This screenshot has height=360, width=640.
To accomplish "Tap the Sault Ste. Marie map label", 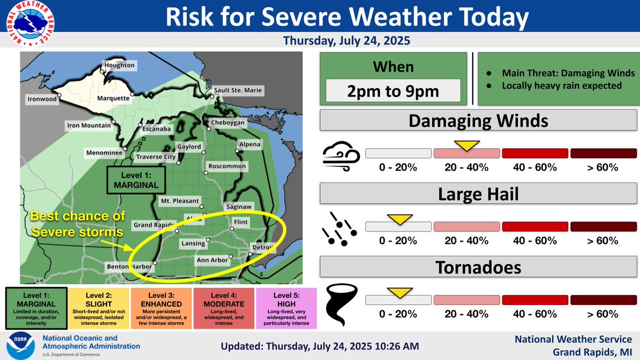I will click(237, 90).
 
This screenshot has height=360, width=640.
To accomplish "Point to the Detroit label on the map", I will click(261, 247).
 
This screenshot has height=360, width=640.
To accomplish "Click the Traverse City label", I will click(155, 157).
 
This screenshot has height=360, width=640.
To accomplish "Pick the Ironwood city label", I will click(42, 99).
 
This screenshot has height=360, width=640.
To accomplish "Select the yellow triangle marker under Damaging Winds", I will click(467, 145).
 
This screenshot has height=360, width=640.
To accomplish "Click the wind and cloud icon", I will click(341, 157).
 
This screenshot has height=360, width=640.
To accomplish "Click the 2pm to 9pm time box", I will click(394, 91).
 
